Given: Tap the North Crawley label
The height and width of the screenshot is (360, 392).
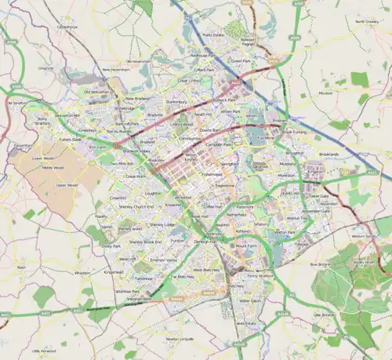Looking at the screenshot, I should pyautogui.click(x=367, y=21).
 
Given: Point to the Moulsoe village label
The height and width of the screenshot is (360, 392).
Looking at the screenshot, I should pyautogui.click(x=325, y=92).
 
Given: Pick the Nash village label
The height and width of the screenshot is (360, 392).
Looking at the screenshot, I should pyautogui.click(x=21, y=267).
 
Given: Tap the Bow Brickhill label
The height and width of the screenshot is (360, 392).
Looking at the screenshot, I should pyautogui.click(x=320, y=264).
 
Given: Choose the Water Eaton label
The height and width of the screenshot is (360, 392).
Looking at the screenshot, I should pyautogui.click(x=250, y=300).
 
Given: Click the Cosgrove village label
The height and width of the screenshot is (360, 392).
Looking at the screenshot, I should pyautogui.click(x=45, y=68).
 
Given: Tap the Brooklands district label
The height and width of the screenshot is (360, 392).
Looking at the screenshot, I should pyautogui.click(x=328, y=155).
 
